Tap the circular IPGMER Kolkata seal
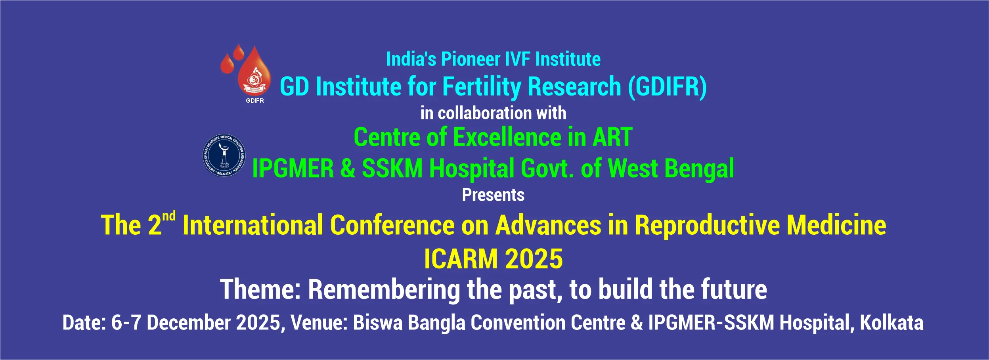coord(224,155)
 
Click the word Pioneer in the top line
coord(471,59)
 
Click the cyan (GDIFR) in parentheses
coord(668,87)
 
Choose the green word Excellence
coord(507,137)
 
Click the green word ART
coord(612,137)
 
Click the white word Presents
coord(493,195)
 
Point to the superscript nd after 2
coord(169,216)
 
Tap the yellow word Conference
coord(392,225)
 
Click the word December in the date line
coord(189,323)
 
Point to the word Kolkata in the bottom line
coord(891,323)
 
